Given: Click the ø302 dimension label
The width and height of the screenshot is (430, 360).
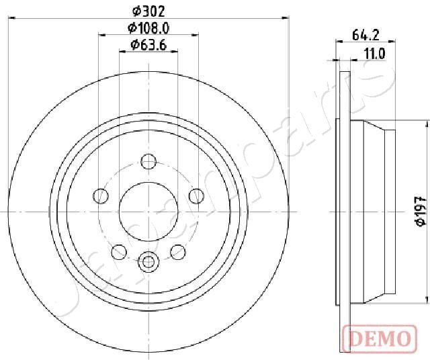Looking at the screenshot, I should click(x=148, y=11).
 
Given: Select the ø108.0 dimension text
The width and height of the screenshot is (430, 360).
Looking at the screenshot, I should click(x=148, y=28).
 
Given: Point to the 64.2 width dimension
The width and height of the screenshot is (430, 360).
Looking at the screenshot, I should click(x=367, y=36).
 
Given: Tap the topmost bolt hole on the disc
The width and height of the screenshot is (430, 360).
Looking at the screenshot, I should click(x=148, y=161).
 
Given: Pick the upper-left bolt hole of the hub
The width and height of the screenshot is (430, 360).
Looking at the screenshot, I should click(x=101, y=195).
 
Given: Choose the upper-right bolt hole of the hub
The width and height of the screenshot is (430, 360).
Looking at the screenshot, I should click(x=196, y=195).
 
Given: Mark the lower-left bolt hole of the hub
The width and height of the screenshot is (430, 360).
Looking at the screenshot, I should click(x=119, y=251).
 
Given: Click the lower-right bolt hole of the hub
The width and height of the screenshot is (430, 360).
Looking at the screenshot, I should click(x=178, y=251).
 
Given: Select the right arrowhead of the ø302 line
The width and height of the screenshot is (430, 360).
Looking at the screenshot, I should click(x=288, y=19).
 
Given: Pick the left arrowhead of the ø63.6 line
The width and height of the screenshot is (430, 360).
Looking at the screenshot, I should click(x=123, y=53).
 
